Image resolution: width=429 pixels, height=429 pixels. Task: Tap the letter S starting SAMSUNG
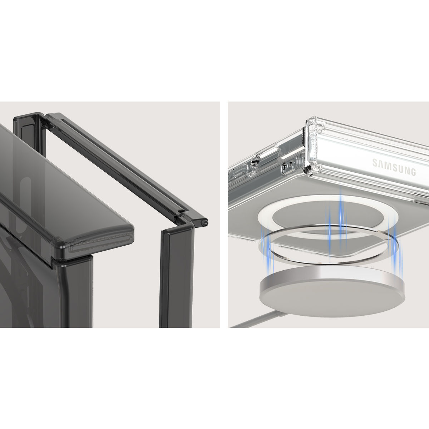tap(375, 163)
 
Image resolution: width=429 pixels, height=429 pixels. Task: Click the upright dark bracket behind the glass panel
tap(29, 129)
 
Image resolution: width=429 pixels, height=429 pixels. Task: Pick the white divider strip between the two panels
tap(224, 214)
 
